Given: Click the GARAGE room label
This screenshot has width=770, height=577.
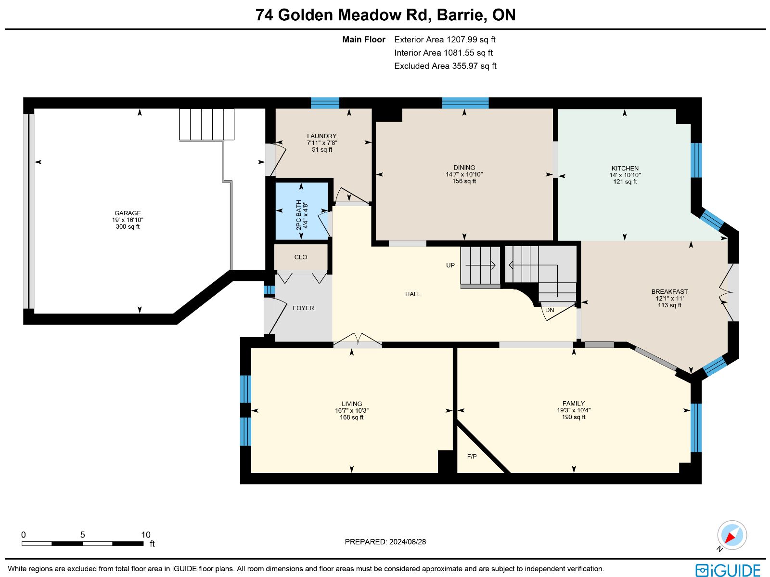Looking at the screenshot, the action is click(x=128, y=213).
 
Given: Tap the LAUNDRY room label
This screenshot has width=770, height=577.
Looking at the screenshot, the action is click(x=321, y=136).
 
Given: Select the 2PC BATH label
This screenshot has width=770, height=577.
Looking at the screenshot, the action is click(x=298, y=215).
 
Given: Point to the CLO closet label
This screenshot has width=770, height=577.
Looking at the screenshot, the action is click(x=301, y=257).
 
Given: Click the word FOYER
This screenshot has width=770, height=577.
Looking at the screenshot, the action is click(x=304, y=308).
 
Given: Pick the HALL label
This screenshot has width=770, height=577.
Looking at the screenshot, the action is click(x=413, y=294).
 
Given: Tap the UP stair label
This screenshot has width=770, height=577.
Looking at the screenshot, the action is click(x=450, y=265).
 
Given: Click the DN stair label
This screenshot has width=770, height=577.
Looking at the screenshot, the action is click(x=550, y=310).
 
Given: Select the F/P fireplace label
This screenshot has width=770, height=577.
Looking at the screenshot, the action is click(x=472, y=456).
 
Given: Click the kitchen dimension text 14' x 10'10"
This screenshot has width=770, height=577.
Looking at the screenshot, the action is click(x=625, y=175).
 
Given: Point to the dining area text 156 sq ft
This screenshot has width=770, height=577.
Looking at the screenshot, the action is click(x=464, y=181).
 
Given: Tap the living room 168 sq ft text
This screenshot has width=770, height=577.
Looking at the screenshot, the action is click(x=351, y=417).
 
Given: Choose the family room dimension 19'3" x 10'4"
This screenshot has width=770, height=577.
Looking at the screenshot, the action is click(x=574, y=410).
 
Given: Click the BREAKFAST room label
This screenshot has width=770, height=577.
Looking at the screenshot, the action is click(x=670, y=292).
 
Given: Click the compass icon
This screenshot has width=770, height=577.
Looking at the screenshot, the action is click(x=732, y=535).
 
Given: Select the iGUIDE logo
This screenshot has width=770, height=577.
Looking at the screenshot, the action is click(x=728, y=570).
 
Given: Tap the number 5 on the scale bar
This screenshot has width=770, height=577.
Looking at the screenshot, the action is click(x=82, y=535).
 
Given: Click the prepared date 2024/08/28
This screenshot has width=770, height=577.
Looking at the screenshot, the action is click(x=408, y=541).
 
